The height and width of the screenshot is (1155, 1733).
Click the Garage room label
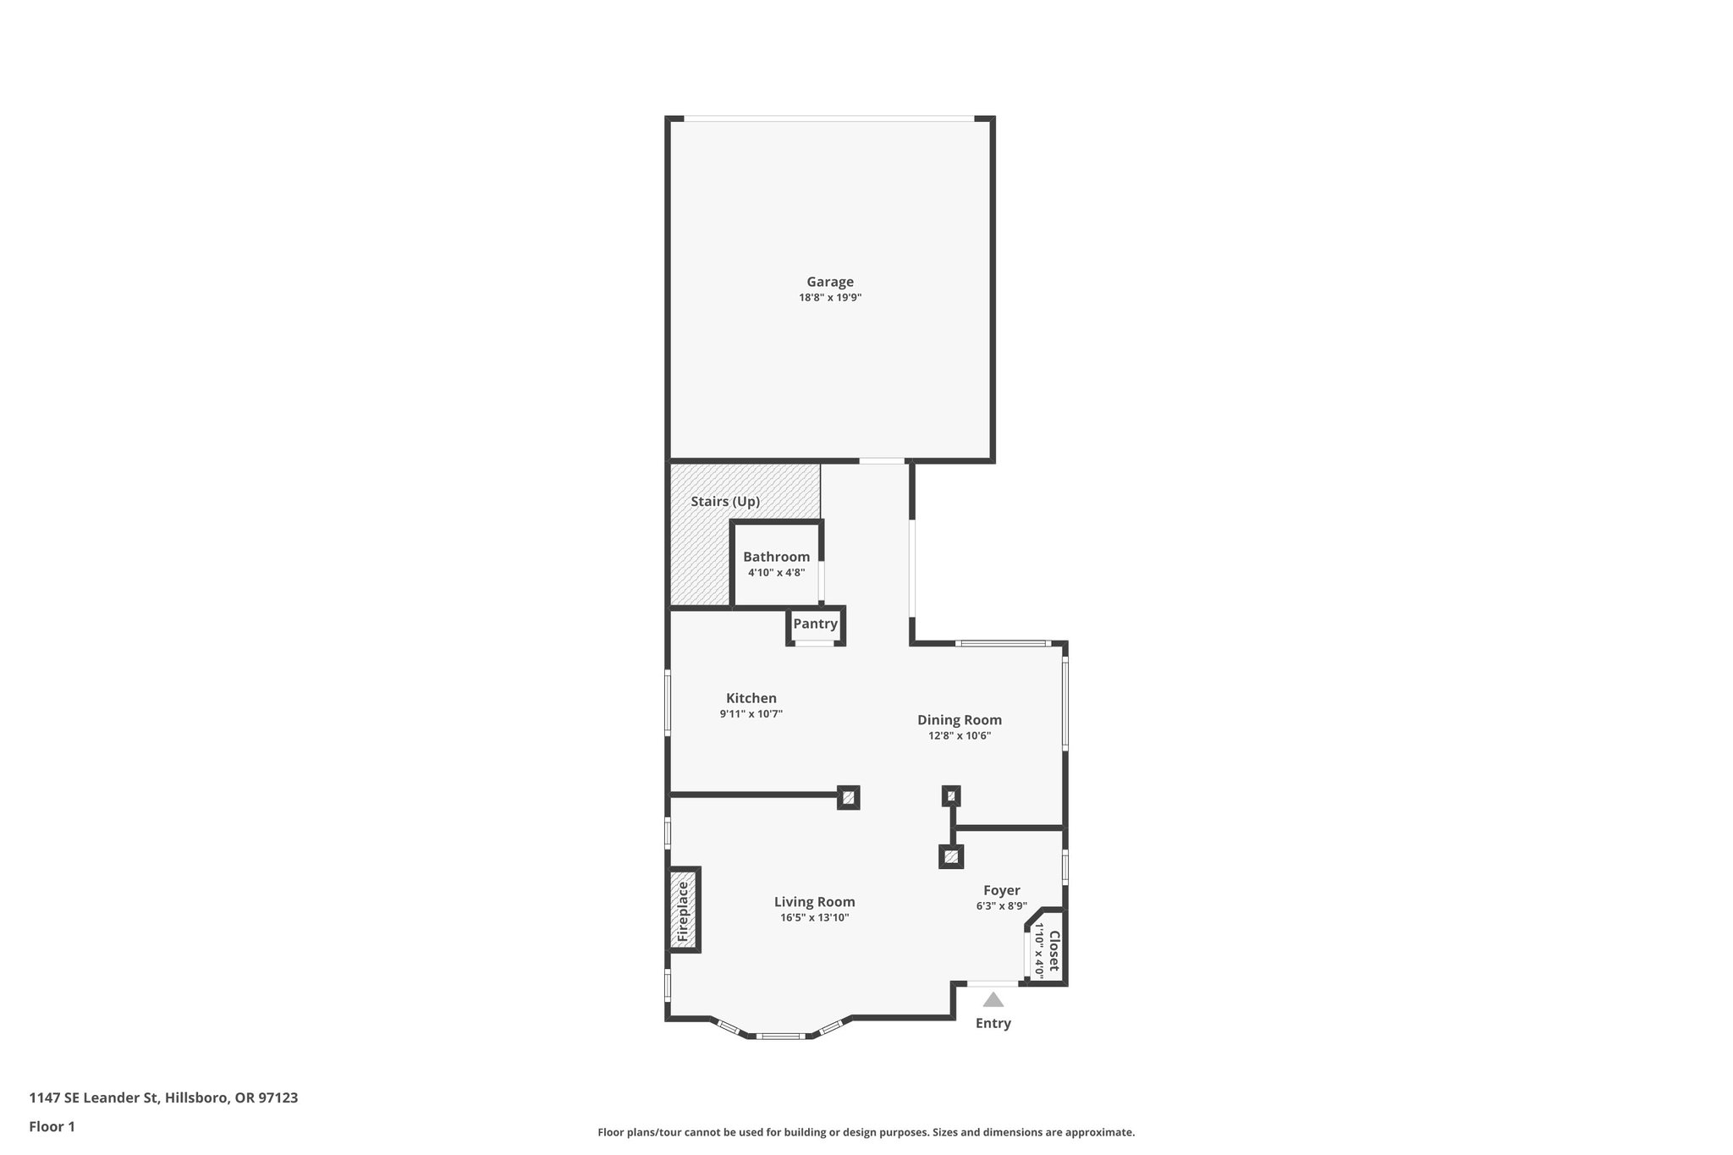point(829,282)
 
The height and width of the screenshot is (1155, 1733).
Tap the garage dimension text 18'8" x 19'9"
point(829,298)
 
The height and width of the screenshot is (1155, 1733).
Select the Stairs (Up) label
point(725,501)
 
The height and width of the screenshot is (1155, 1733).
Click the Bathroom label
point(776,557)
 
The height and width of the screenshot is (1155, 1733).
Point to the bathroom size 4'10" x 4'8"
point(776,573)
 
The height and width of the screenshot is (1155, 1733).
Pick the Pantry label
point(815,624)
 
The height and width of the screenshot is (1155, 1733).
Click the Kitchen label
point(751,698)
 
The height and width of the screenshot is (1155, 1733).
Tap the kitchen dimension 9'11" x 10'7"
point(751,714)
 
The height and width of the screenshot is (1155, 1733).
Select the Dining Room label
point(960,720)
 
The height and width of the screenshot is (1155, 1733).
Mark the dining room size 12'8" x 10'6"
point(960,736)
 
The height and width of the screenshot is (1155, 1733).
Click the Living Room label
point(814,902)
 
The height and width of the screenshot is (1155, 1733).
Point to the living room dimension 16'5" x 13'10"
point(814,918)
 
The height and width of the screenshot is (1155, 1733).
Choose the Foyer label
point(1001,890)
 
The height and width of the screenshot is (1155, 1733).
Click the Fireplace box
point(684,910)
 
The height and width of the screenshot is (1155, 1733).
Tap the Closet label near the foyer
point(1054,950)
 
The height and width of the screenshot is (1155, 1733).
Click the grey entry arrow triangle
point(993,1000)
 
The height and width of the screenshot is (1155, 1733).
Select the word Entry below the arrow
point(993,1023)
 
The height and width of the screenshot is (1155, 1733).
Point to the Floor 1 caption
point(52,1126)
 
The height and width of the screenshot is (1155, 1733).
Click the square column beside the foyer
point(951,857)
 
